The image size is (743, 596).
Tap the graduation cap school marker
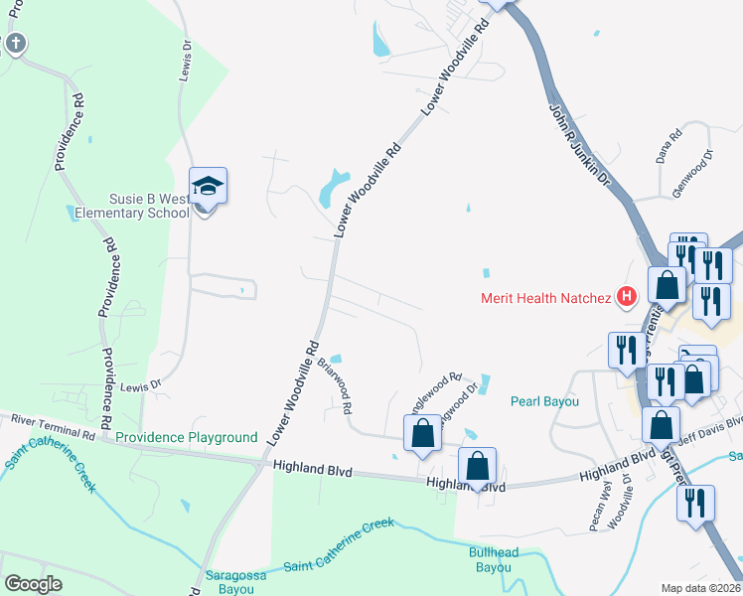pos(208,187)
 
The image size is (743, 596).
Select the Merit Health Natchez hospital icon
pos(626,296)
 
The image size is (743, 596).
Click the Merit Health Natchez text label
pos(546,297)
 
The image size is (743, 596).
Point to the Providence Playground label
pos(187,437)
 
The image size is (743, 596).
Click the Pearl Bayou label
pos(544,402)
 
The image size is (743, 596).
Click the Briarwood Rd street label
pos(335,387)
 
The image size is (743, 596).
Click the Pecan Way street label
pos(600,508)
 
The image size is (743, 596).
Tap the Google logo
pos(34,584)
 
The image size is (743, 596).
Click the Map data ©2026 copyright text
pos(700,588)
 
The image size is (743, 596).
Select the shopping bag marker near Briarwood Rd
pos(422,433)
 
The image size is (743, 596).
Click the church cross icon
pos(15,43)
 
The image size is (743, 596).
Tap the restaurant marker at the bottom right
pos(695,502)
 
